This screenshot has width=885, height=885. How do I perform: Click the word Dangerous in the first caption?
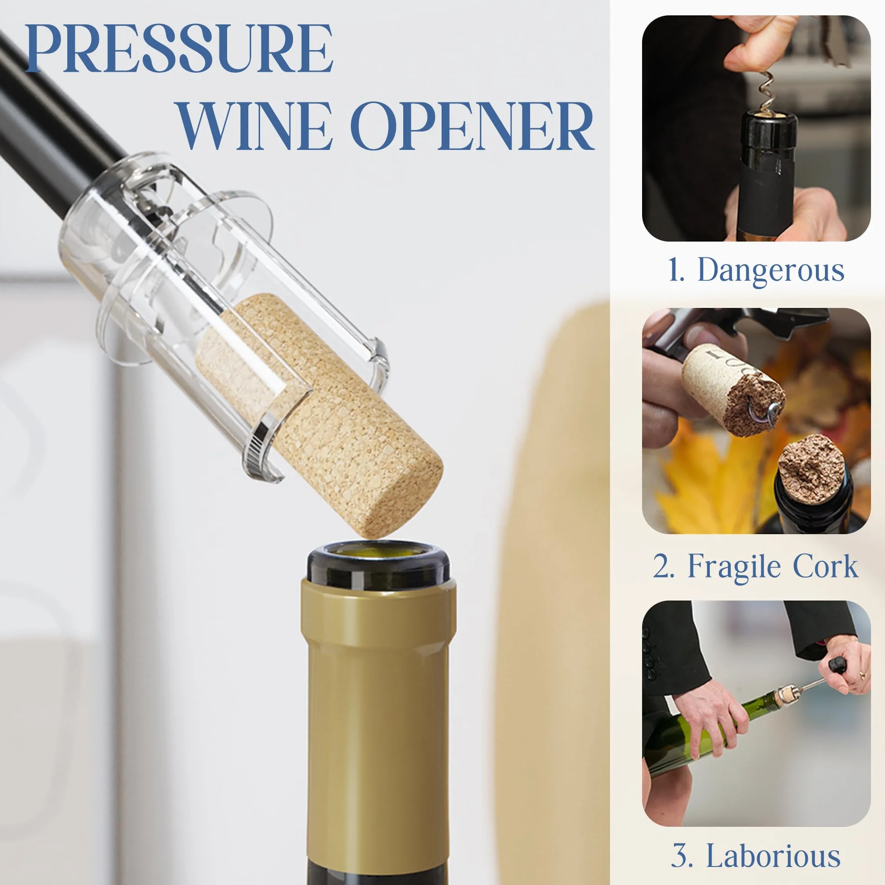point(771,270)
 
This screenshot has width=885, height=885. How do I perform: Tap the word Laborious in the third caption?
point(773,855)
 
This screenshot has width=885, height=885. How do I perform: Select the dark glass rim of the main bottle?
point(378,564)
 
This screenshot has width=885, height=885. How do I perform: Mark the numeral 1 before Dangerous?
point(675,270)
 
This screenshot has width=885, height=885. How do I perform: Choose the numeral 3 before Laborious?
point(682,855)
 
